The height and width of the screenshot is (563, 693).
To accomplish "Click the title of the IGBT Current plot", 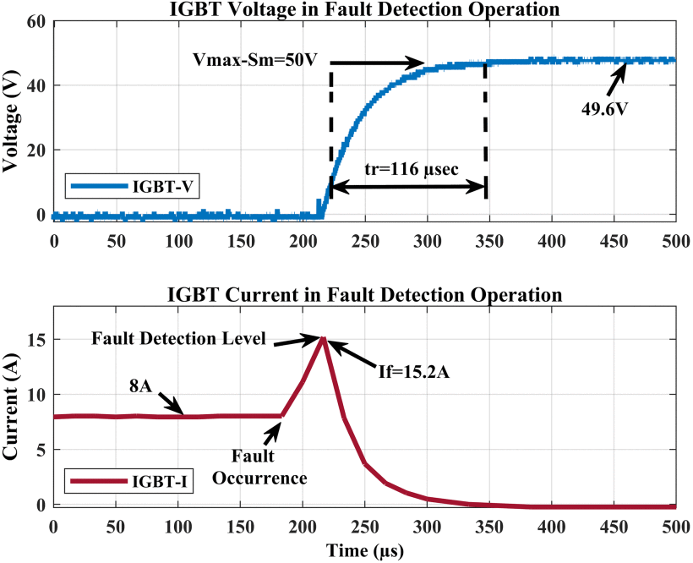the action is tap(364, 294).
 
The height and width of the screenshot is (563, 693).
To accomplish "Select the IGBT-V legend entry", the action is tap(132, 187).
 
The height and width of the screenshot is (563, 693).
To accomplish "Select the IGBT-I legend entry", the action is tap(129, 481).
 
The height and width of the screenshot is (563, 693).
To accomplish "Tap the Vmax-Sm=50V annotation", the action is tap(255, 60).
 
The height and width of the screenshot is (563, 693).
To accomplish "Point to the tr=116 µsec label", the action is tap(412, 169).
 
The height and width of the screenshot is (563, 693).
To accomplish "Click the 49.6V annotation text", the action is tap(604, 109).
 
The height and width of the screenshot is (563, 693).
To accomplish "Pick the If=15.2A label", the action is tap(413, 372).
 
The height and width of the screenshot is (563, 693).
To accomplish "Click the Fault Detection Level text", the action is tap(178, 338).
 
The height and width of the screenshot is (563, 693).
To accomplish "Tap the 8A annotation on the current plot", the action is tap(140, 386).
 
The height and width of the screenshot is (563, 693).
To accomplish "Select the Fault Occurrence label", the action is tap(259, 467).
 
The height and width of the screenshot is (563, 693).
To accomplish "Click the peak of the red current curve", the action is tap(323, 338).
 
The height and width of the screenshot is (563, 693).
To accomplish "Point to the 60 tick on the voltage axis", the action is tap(36, 21).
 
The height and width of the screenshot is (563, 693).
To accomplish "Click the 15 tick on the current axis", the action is tap(36, 339).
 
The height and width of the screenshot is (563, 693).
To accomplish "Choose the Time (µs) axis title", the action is tap(365, 551).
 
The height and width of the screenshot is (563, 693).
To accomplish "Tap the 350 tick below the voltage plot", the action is tap(489, 241).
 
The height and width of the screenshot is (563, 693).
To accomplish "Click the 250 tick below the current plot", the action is tap(365, 527).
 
